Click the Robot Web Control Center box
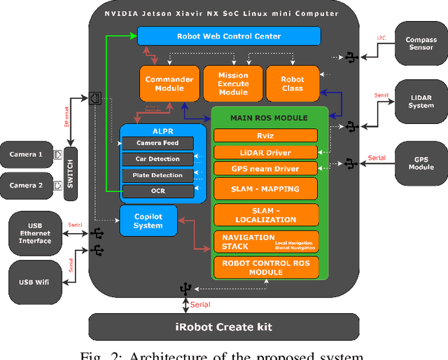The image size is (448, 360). pos(229,36)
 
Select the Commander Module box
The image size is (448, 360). pos(169,84)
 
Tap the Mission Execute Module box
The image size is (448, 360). pos(233,84)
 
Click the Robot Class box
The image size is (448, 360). pos(293,84)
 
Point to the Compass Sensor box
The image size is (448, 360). pos(421,44)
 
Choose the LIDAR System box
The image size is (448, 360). pos(421,101)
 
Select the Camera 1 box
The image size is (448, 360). pos(26,154)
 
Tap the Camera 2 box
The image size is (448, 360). pos(26,186)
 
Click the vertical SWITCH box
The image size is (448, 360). pos(69,174)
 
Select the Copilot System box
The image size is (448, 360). pos(148,221)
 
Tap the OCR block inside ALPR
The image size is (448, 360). pos(157,191)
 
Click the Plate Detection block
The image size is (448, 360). pos(157,175)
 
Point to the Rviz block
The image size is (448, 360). pos(265,136)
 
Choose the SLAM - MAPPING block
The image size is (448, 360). pos(265,188)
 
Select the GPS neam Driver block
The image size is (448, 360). pos(265,168)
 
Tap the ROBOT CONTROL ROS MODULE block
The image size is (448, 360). pos(265,268)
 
